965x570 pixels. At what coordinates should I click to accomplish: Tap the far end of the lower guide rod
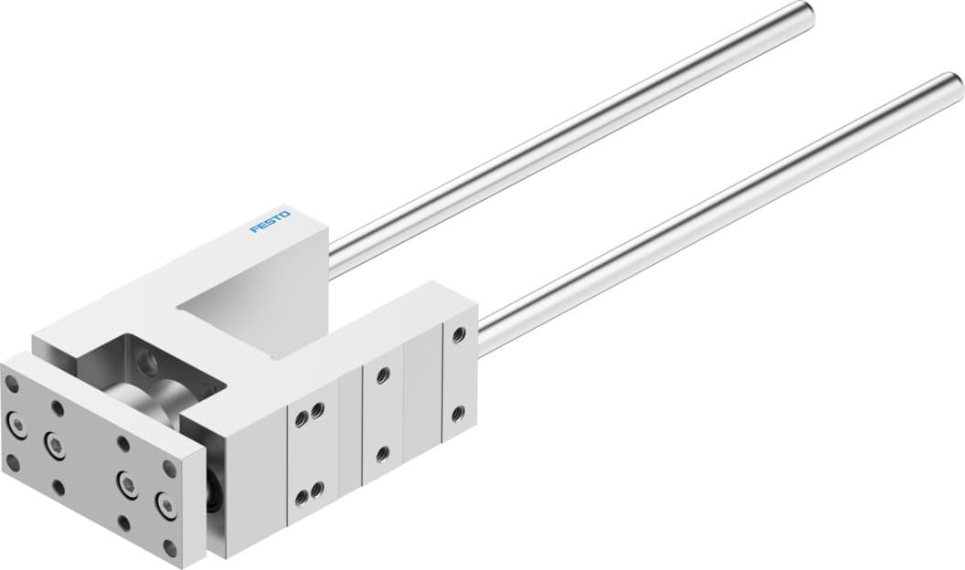point(953,85)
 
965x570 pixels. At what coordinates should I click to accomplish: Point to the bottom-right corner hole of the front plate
point(169,547)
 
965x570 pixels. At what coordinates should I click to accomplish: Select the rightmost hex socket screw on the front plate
point(166,503)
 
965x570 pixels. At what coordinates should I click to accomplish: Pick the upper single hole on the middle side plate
point(383,375)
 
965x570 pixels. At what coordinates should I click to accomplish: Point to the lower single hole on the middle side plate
point(383,452)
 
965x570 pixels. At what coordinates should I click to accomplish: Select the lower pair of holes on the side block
point(308,494)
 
